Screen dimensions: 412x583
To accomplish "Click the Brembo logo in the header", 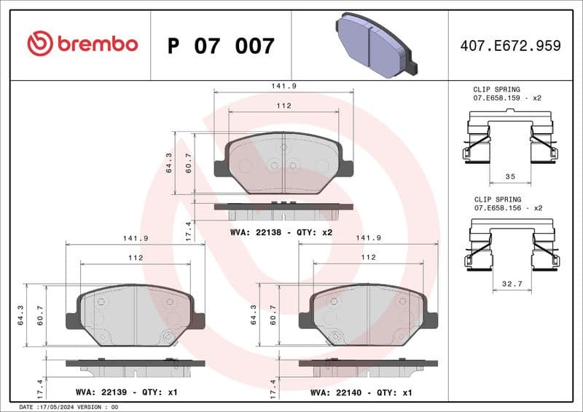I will (82, 44).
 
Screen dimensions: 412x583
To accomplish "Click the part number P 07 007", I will (221, 46).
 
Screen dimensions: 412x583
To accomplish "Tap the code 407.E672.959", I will (510, 46).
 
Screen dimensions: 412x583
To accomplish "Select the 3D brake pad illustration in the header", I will (376, 44).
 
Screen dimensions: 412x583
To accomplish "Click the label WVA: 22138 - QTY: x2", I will (281, 232).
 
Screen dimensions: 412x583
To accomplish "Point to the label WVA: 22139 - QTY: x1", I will (127, 392).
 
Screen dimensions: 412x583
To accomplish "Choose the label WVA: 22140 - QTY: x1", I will (361, 392).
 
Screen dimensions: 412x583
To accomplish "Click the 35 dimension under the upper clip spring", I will (510, 177).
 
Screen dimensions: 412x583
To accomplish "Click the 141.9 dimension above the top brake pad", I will (283, 85).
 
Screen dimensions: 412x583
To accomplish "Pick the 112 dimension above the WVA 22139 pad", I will (135, 258).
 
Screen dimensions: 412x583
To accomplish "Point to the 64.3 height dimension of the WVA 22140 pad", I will (254, 314).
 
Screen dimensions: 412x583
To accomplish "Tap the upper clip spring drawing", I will (510, 138).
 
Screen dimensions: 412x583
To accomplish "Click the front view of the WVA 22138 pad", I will (283, 164).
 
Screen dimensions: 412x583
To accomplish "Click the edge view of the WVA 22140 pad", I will (368, 364).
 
